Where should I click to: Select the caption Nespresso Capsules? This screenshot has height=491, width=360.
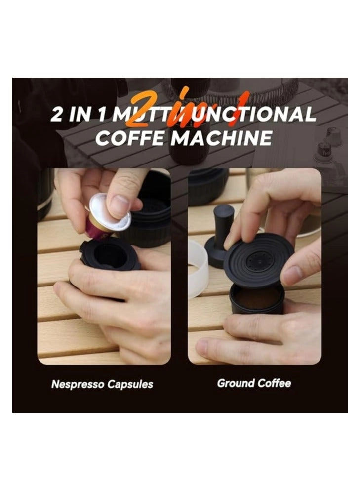coord(102,384)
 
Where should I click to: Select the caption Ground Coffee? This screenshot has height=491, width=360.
coord(254,383)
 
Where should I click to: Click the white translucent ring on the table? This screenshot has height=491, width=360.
coord(198,269)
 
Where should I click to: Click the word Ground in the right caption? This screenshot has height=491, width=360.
coord(236,383)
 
